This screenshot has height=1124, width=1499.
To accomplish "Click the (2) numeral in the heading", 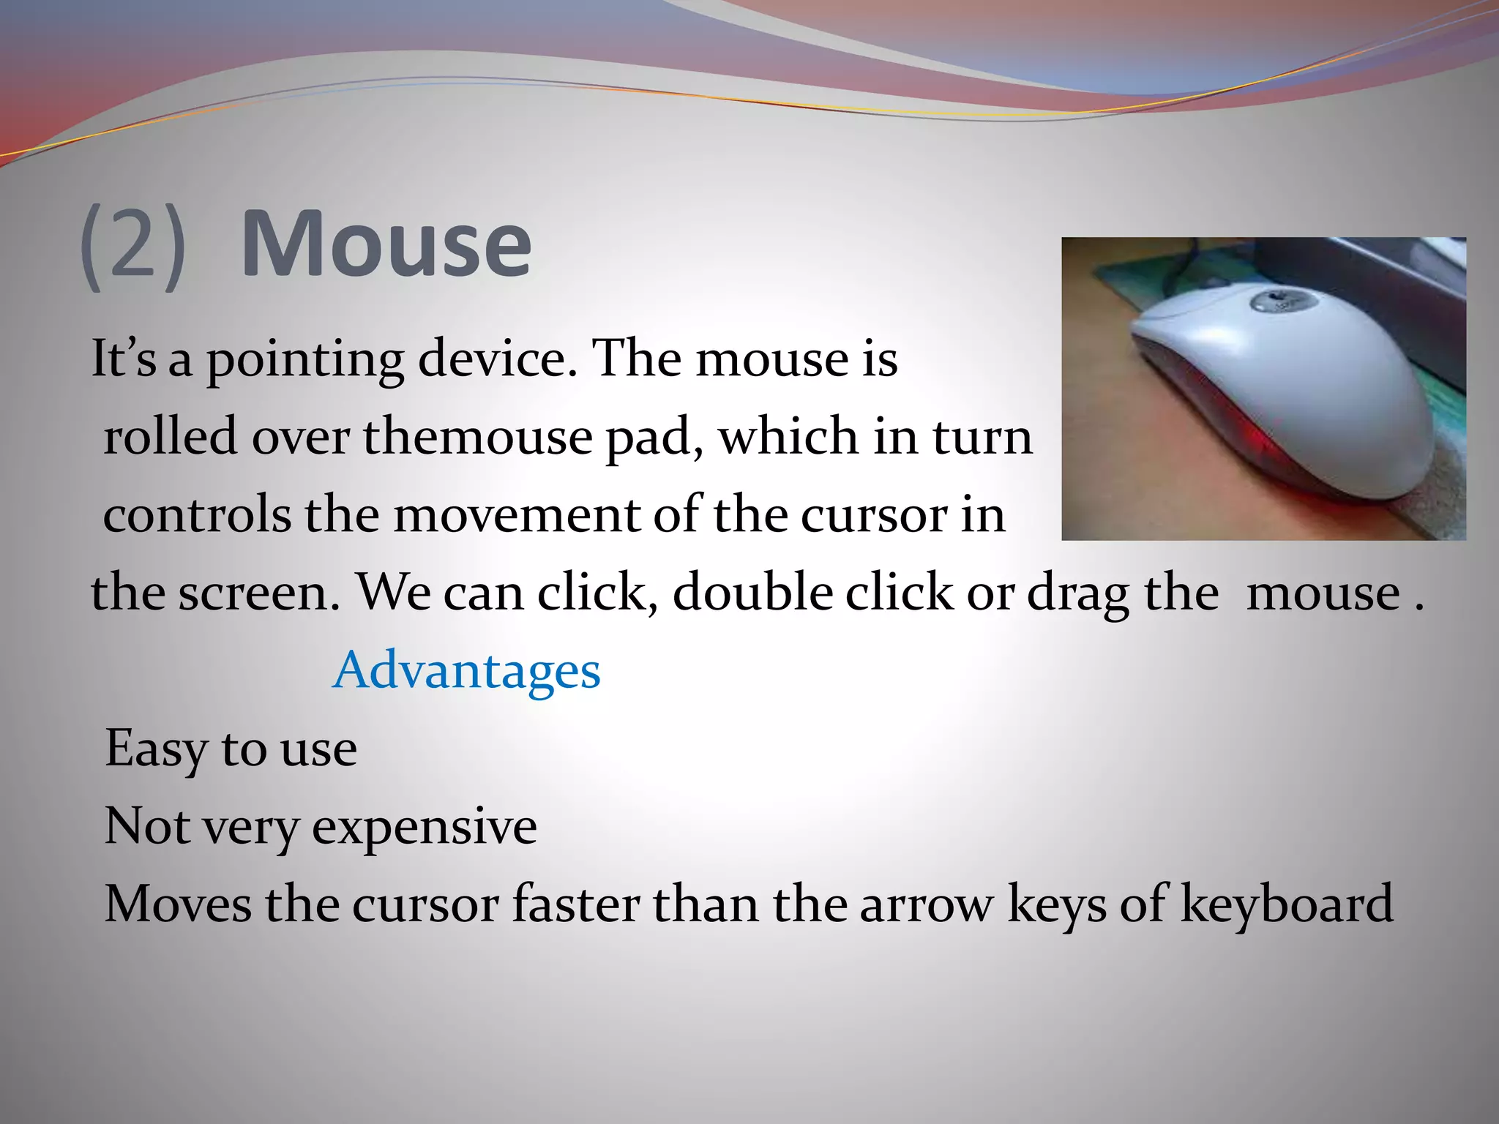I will point(133,247).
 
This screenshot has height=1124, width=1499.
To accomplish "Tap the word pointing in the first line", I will point(304,360).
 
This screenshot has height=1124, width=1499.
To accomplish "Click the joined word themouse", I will point(477,437).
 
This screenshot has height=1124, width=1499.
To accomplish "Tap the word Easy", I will point(156,749).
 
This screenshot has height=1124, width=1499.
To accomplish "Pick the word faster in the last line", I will point(576,904).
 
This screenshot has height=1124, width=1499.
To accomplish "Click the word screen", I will point(260,593).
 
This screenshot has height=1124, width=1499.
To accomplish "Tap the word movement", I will point(517,515).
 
